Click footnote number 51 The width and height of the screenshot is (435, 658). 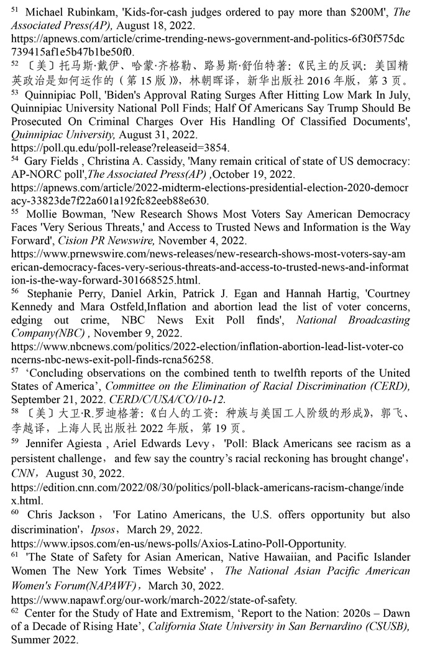click(15, 10)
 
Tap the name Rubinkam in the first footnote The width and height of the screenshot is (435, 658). click(93, 13)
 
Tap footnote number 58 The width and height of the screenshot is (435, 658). click(15, 410)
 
